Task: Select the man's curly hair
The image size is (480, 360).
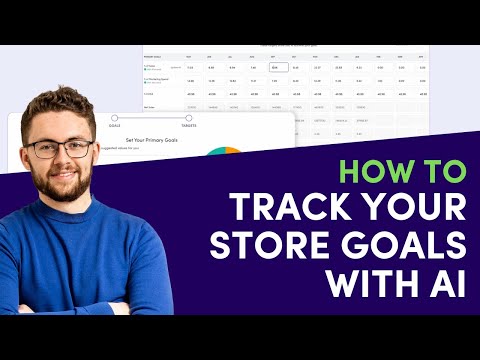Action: click(60, 107)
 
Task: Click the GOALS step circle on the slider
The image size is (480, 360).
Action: click(115, 119)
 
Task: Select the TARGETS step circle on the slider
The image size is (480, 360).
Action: click(187, 119)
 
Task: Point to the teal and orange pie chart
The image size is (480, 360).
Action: click(224, 158)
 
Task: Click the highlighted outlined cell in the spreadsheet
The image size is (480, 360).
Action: click(278, 69)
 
